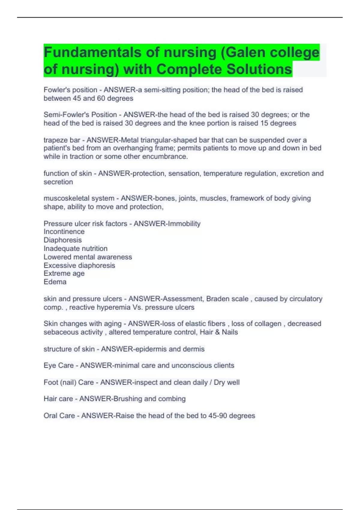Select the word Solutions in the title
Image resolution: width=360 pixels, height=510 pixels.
click(259, 69)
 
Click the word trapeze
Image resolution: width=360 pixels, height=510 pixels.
click(53, 140)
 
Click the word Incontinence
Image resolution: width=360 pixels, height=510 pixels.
click(64, 232)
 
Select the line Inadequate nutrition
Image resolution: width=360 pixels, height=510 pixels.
click(75, 248)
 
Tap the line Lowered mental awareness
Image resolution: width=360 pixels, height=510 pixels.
click(88, 257)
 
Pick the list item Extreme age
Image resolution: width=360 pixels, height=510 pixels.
click(64, 273)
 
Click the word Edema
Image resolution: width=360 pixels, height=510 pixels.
click(55, 282)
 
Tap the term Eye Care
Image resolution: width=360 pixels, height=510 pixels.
click(58, 365)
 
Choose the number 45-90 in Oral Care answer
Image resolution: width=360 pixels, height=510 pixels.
click(217, 415)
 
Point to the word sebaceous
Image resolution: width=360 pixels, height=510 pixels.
click(58, 332)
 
